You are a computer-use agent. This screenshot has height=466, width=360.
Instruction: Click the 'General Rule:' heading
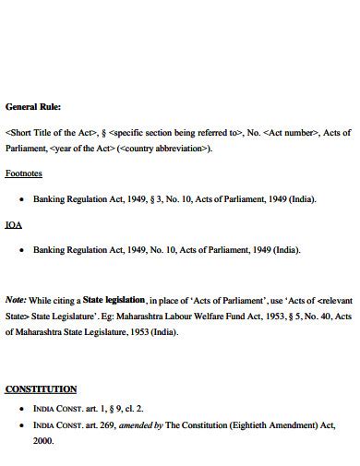[33, 106]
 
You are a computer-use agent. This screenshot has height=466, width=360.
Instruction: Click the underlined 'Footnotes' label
[24, 173]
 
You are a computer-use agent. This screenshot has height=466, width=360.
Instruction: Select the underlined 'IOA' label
[14, 224]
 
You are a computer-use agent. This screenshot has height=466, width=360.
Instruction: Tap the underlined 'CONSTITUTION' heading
[41, 389]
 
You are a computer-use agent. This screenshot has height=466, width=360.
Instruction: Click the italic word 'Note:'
[16, 300]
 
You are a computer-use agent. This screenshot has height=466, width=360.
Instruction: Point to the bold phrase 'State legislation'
[114, 300]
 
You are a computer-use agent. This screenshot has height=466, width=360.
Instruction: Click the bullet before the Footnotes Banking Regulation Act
[20, 199]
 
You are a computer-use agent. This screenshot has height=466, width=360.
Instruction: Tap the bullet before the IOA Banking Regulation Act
[20, 250]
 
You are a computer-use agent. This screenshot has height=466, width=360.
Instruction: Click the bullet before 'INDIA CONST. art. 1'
[20, 408]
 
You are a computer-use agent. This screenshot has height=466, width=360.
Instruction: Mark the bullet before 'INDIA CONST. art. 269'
[20, 424]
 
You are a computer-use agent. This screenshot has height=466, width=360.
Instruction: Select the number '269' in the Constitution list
[103, 424]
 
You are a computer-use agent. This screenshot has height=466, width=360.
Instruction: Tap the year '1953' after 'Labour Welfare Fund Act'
[258, 317]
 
